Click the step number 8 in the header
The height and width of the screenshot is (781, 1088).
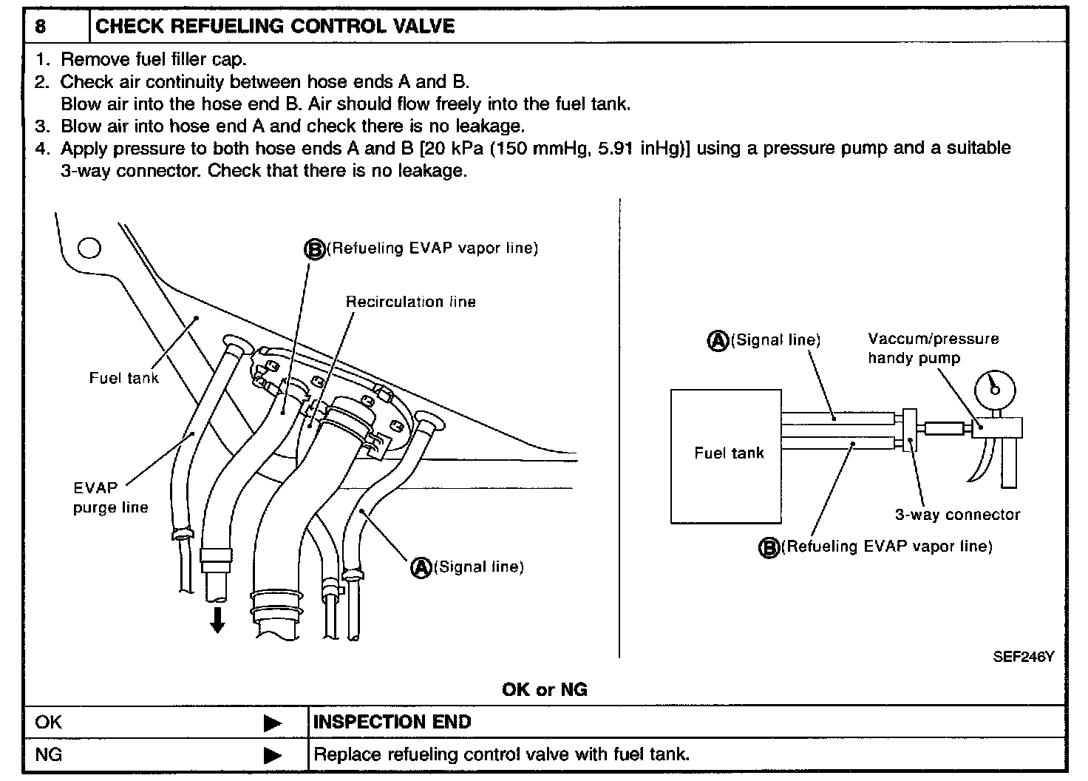[x=41, y=27]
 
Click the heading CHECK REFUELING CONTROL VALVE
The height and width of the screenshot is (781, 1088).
[x=275, y=27]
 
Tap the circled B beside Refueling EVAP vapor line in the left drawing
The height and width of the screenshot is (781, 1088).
[x=315, y=249]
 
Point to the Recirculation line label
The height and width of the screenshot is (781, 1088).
[x=411, y=302]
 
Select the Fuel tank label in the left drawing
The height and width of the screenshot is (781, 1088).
[x=123, y=378]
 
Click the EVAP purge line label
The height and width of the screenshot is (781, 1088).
[x=110, y=498]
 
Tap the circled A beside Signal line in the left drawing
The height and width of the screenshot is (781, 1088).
[x=421, y=567]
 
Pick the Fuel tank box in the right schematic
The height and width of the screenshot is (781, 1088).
[x=726, y=456]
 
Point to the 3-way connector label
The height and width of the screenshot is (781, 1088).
[x=957, y=515]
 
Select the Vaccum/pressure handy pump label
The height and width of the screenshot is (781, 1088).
[x=933, y=348]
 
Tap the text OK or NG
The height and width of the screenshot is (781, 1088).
[x=544, y=690]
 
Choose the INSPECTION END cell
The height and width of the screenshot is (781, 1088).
[x=392, y=722]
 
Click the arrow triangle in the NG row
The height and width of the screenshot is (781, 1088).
[x=273, y=756]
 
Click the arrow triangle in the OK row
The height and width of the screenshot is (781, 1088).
[x=273, y=723]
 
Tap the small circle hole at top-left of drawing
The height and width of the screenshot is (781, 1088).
[x=89, y=248]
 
